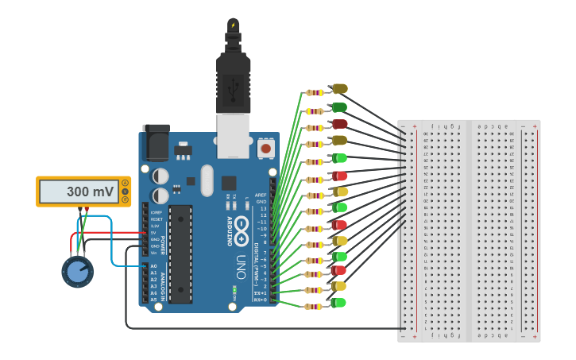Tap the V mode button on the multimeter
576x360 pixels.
[124, 192]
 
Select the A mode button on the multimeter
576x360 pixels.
[124, 184]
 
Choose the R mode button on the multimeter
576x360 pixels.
[124, 199]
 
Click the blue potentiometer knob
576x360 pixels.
[77, 272]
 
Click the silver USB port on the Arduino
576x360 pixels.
[233, 131]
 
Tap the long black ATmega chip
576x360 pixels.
[180, 254]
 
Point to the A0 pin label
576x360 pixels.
[153, 266]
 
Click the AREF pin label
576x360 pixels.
[261, 195]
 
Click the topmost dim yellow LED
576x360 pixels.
[339, 88]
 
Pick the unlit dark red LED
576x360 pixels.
[339, 123]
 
